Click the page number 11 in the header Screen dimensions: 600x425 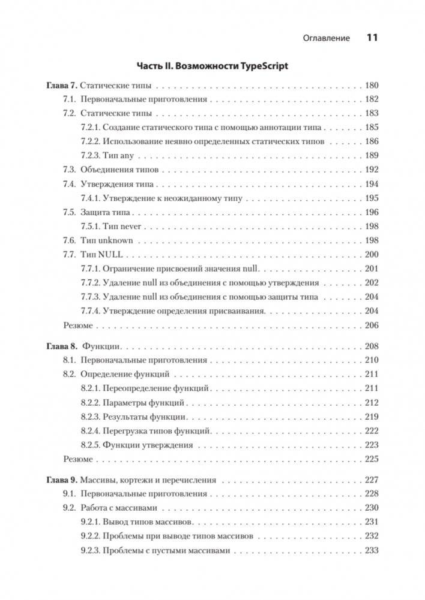click(371, 38)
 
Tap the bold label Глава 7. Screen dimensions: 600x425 click(61, 85)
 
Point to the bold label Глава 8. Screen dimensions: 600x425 click(61, 346)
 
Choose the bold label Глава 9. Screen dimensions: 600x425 click(61, 480)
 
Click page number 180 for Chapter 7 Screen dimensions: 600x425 click(371, 85)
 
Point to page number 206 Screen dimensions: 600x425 click(371, 325)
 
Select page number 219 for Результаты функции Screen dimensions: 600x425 click(371, 417)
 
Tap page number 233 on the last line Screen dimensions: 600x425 click(371, 551)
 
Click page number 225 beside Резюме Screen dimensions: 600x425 click(371, 459)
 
